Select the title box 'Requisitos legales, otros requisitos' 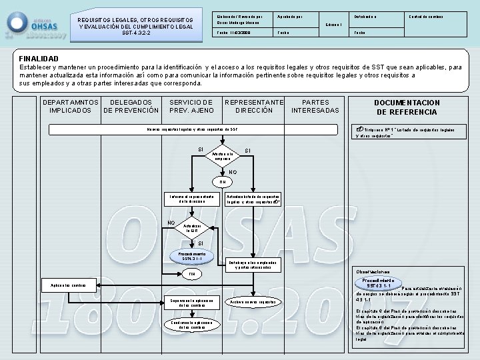(135, 26)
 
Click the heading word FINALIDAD (39, 59)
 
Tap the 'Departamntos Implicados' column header (71, 106)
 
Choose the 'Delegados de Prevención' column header (131, 106)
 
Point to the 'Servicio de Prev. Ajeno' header (191, 106)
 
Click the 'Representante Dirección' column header (254, 106)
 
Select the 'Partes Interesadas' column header (315, 106)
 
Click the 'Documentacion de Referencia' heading (407, 107)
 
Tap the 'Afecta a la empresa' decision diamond (223, 156)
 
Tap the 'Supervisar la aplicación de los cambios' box (192, 302)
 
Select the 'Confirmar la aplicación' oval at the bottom (192, 325)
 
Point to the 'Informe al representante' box (191, 199)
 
